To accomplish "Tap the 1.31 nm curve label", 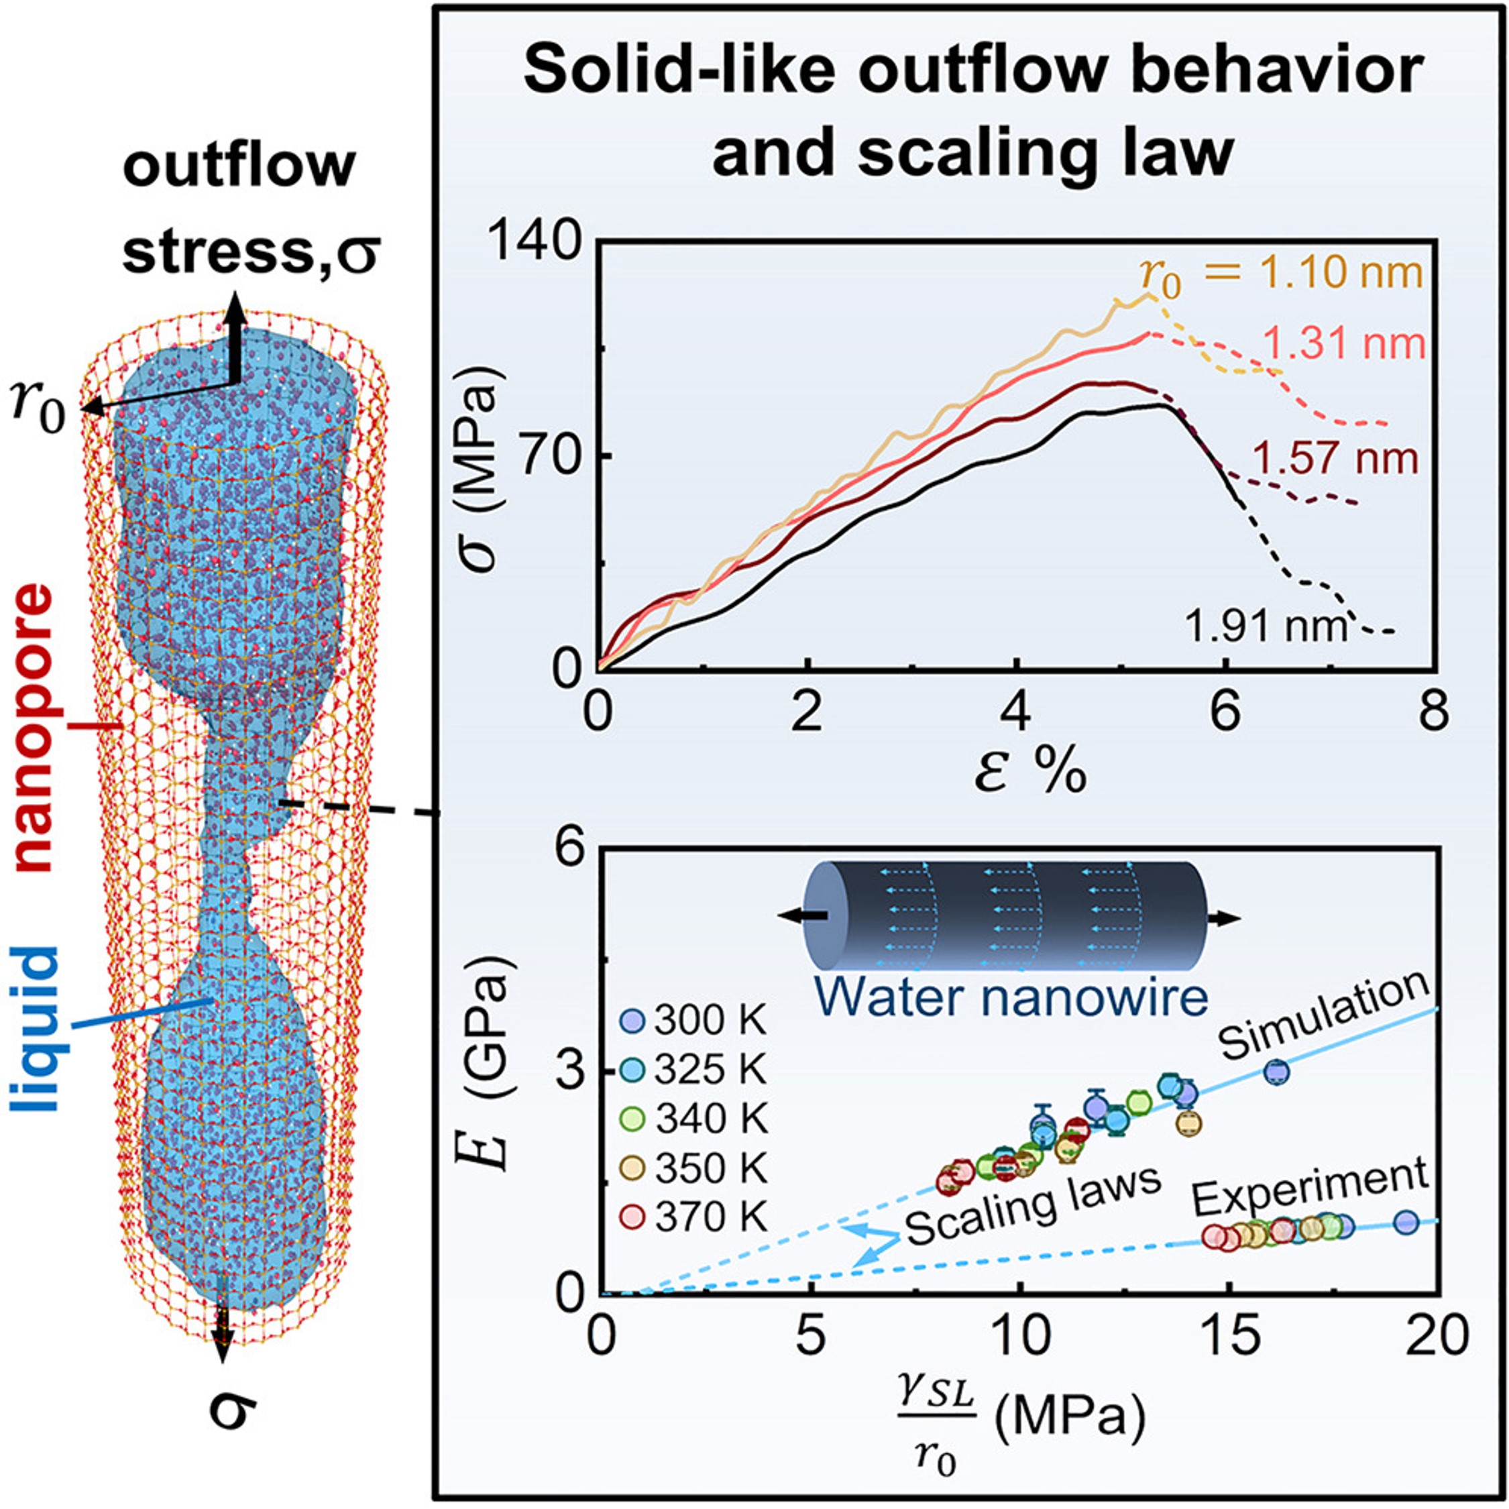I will click(1343, 343).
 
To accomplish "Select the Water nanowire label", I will click(1015, 998).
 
